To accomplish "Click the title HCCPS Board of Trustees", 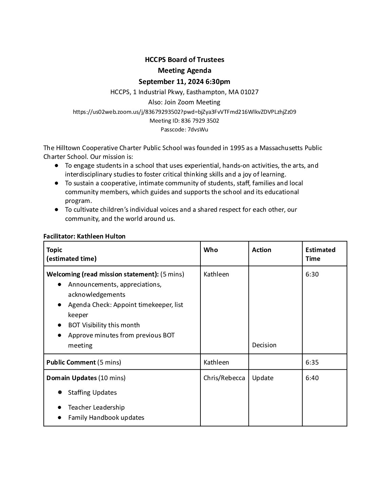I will [184, 60].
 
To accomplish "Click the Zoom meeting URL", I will [184, 112].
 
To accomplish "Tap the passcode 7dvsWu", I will [198, 129].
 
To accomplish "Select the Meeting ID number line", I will [184, 121].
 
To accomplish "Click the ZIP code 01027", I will [249, 92].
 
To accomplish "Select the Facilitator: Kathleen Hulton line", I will [84, 236].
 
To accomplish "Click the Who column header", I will [211, 250].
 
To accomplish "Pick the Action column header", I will [261, 250].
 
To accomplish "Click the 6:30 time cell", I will [312, 274].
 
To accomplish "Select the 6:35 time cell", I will [312, 362].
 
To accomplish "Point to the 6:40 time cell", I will [312, 378].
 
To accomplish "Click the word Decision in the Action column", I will [264, 345].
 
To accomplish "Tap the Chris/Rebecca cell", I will [224, 378].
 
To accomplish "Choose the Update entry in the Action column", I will [263, 378].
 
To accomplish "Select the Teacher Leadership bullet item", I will [96, 407].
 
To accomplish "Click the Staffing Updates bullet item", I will [92, 392].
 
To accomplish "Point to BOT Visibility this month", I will [104, 325].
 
